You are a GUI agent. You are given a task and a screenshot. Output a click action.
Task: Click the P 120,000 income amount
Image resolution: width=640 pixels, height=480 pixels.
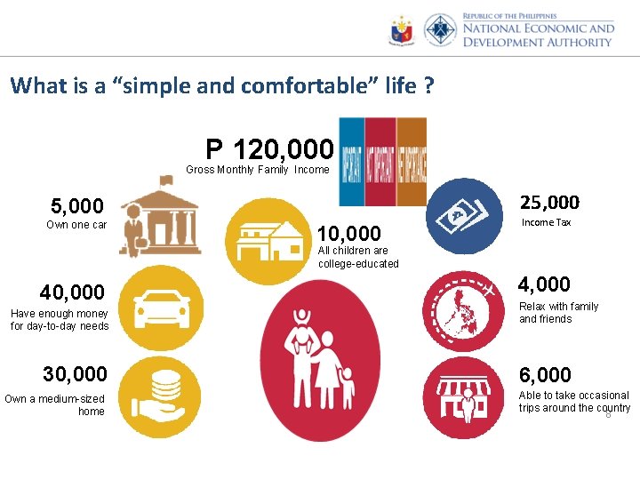[x=269, y=148]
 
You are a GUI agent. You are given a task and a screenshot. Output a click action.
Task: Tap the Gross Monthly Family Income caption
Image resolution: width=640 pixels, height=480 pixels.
[x=257, y=170]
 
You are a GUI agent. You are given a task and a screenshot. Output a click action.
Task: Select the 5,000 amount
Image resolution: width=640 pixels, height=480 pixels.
[x=76, y=206]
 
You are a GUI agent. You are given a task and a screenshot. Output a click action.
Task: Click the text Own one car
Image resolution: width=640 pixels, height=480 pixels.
[x=76, y=225]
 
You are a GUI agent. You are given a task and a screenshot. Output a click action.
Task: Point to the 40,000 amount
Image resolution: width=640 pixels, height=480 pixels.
[x=72, y=292]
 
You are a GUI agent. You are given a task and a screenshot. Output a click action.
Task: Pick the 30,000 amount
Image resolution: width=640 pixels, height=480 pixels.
[x=75, y=374]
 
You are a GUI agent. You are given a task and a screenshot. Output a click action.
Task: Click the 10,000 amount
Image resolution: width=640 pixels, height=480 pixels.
[x=349, y=234]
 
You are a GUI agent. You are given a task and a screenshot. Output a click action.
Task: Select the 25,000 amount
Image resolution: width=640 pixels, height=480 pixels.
[x=549, y=203]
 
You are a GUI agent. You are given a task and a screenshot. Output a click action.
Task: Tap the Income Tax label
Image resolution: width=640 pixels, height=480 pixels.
[x=546, y=222]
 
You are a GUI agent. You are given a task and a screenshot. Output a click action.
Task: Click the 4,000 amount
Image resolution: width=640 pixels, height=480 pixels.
[x=544, y=284]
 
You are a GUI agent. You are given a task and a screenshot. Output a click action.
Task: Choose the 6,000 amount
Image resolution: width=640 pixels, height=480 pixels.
[x=546, y=375]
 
